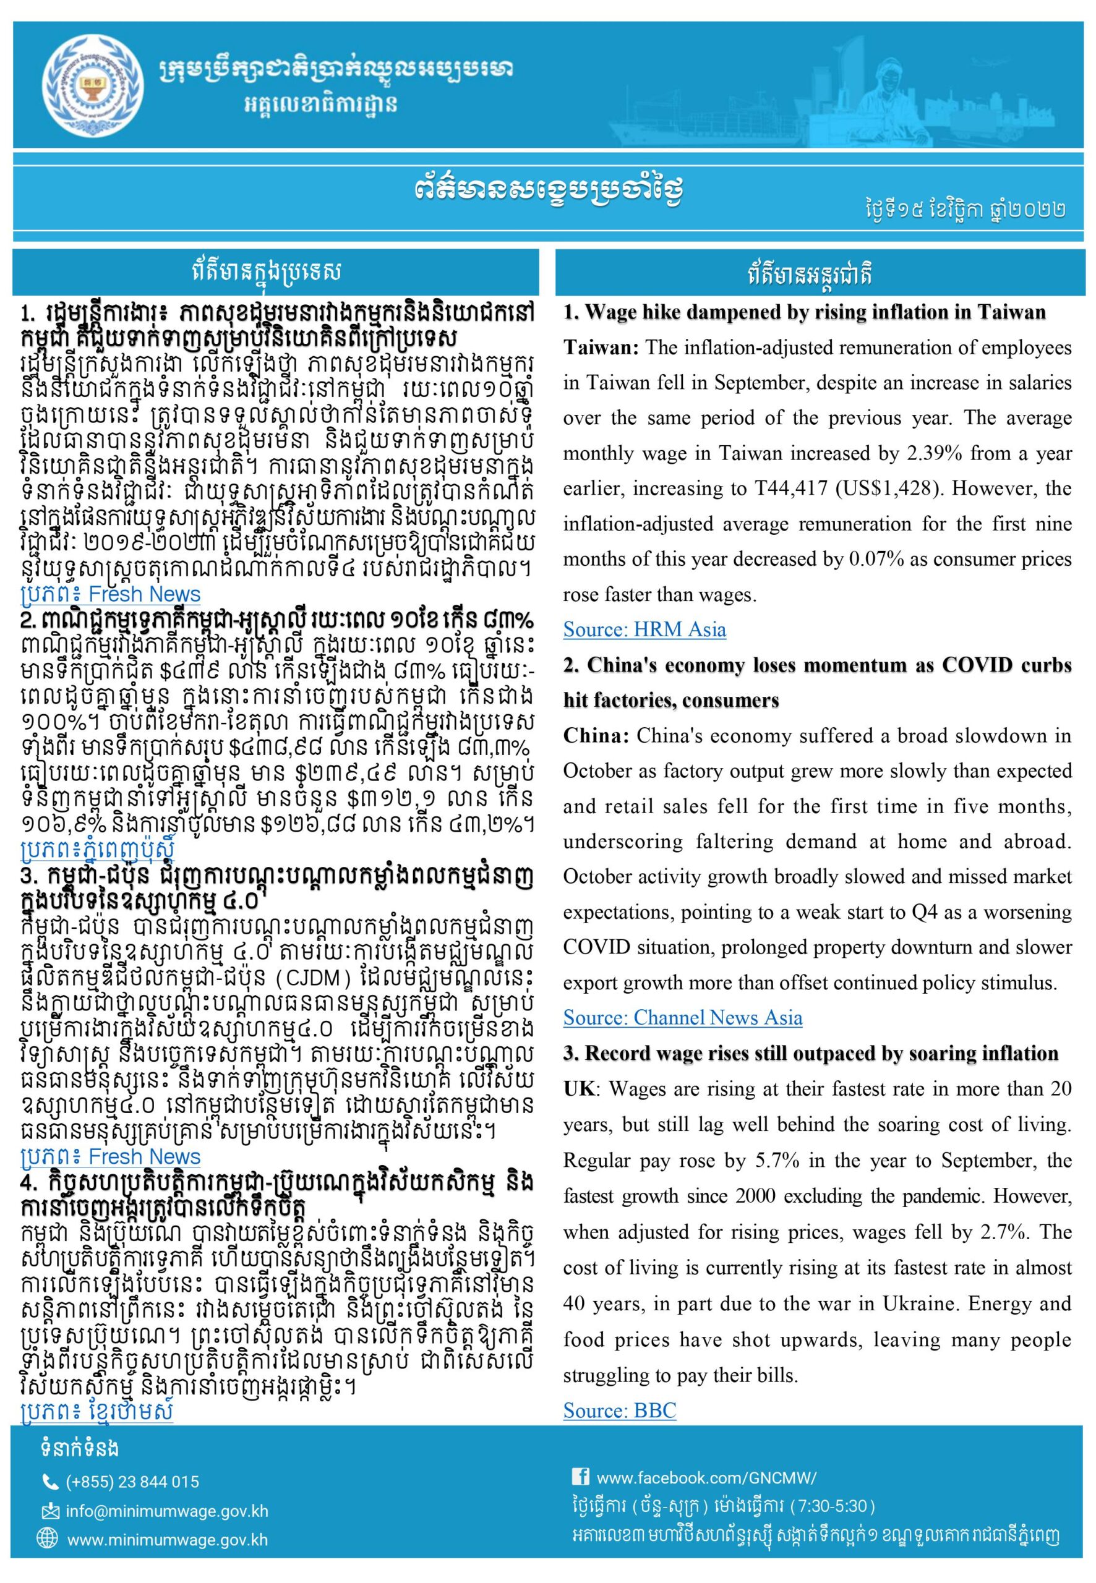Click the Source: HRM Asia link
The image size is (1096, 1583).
[644, 629]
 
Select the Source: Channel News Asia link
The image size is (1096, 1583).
[683, 1017]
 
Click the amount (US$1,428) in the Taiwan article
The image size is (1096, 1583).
[880, 489]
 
